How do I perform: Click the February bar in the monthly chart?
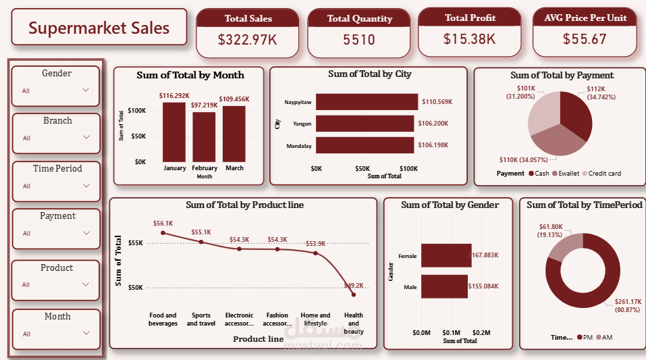(204, 136)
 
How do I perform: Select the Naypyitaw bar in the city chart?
(367, 101)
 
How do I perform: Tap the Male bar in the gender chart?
(444, 286)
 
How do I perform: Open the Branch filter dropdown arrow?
(86, 137)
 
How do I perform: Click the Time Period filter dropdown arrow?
(86, 185)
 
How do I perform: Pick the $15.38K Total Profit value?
(469, 39)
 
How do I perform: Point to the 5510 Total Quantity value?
(358, 40)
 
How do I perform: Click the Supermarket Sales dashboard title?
(99, 28)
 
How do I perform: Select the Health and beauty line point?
(353, 294)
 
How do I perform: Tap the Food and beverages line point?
(163, 233)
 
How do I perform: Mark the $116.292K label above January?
(173, 96)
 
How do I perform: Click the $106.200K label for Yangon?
(436, 124)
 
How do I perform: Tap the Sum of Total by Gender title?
(450, 205)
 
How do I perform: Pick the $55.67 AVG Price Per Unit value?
(585, 39)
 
